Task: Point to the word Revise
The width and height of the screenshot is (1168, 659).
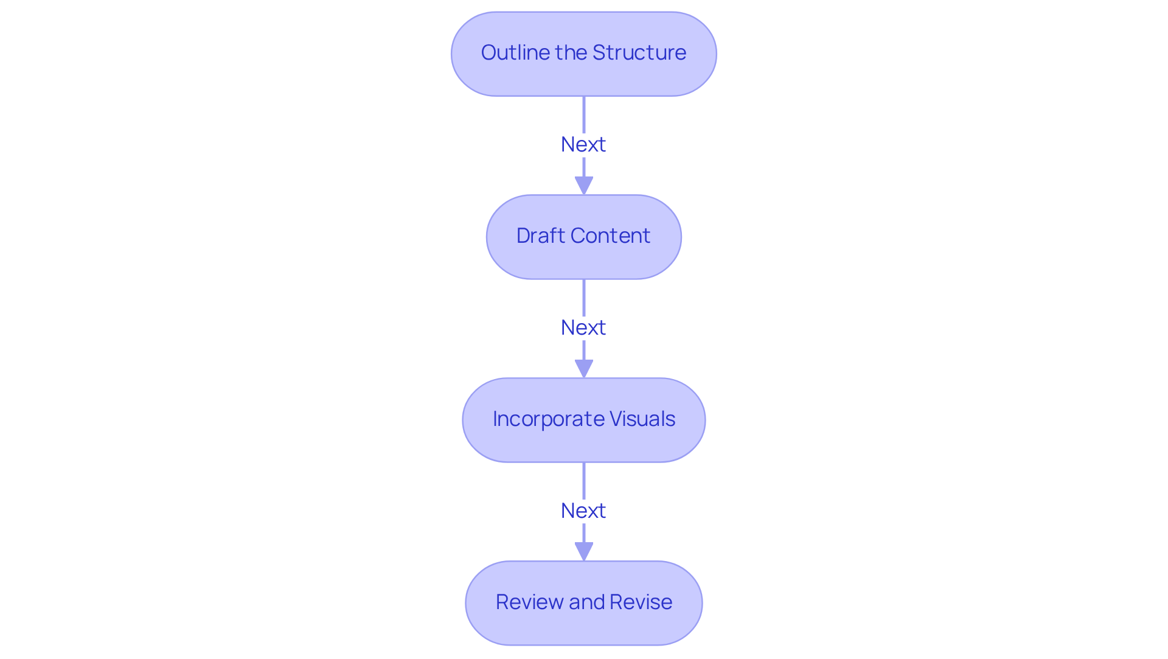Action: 641,602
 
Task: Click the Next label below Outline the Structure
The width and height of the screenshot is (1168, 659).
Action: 583,145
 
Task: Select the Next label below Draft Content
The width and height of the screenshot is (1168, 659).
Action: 583,328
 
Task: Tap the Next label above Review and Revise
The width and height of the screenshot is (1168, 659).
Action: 583,511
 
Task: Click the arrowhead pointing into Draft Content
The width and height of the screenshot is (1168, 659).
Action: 583,185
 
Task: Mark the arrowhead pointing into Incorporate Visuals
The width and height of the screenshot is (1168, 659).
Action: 583,368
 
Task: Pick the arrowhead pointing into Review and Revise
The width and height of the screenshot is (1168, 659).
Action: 583,551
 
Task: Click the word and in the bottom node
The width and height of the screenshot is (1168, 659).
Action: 586,602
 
